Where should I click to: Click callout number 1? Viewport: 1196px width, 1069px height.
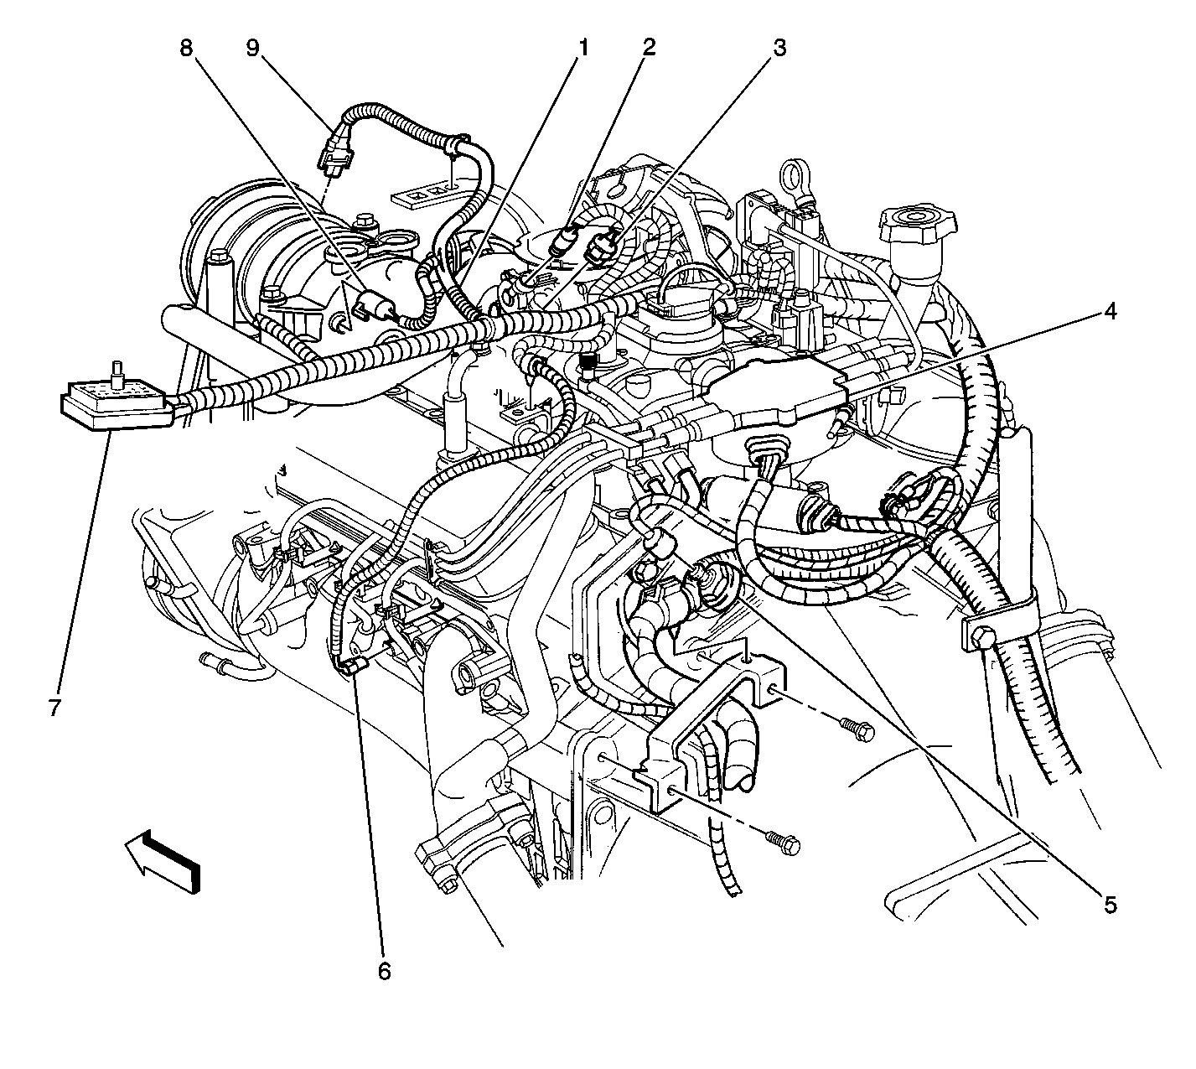tap(583, 48)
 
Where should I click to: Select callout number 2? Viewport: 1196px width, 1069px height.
tap(649, 48)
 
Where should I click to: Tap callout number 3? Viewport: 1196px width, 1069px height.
tap(779, 48)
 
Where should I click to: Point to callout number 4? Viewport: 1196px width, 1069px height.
tap(1111, 311)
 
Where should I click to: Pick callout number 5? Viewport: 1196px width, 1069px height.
tap(1111, 904)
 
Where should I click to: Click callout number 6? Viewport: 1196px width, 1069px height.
tap(385, 970)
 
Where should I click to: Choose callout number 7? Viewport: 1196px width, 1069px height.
tap(55, 707)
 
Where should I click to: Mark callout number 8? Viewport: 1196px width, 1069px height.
tap(187, 48)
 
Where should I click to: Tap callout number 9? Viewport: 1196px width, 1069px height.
tap(252, 48)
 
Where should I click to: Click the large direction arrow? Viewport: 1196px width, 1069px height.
tap(163, 860)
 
